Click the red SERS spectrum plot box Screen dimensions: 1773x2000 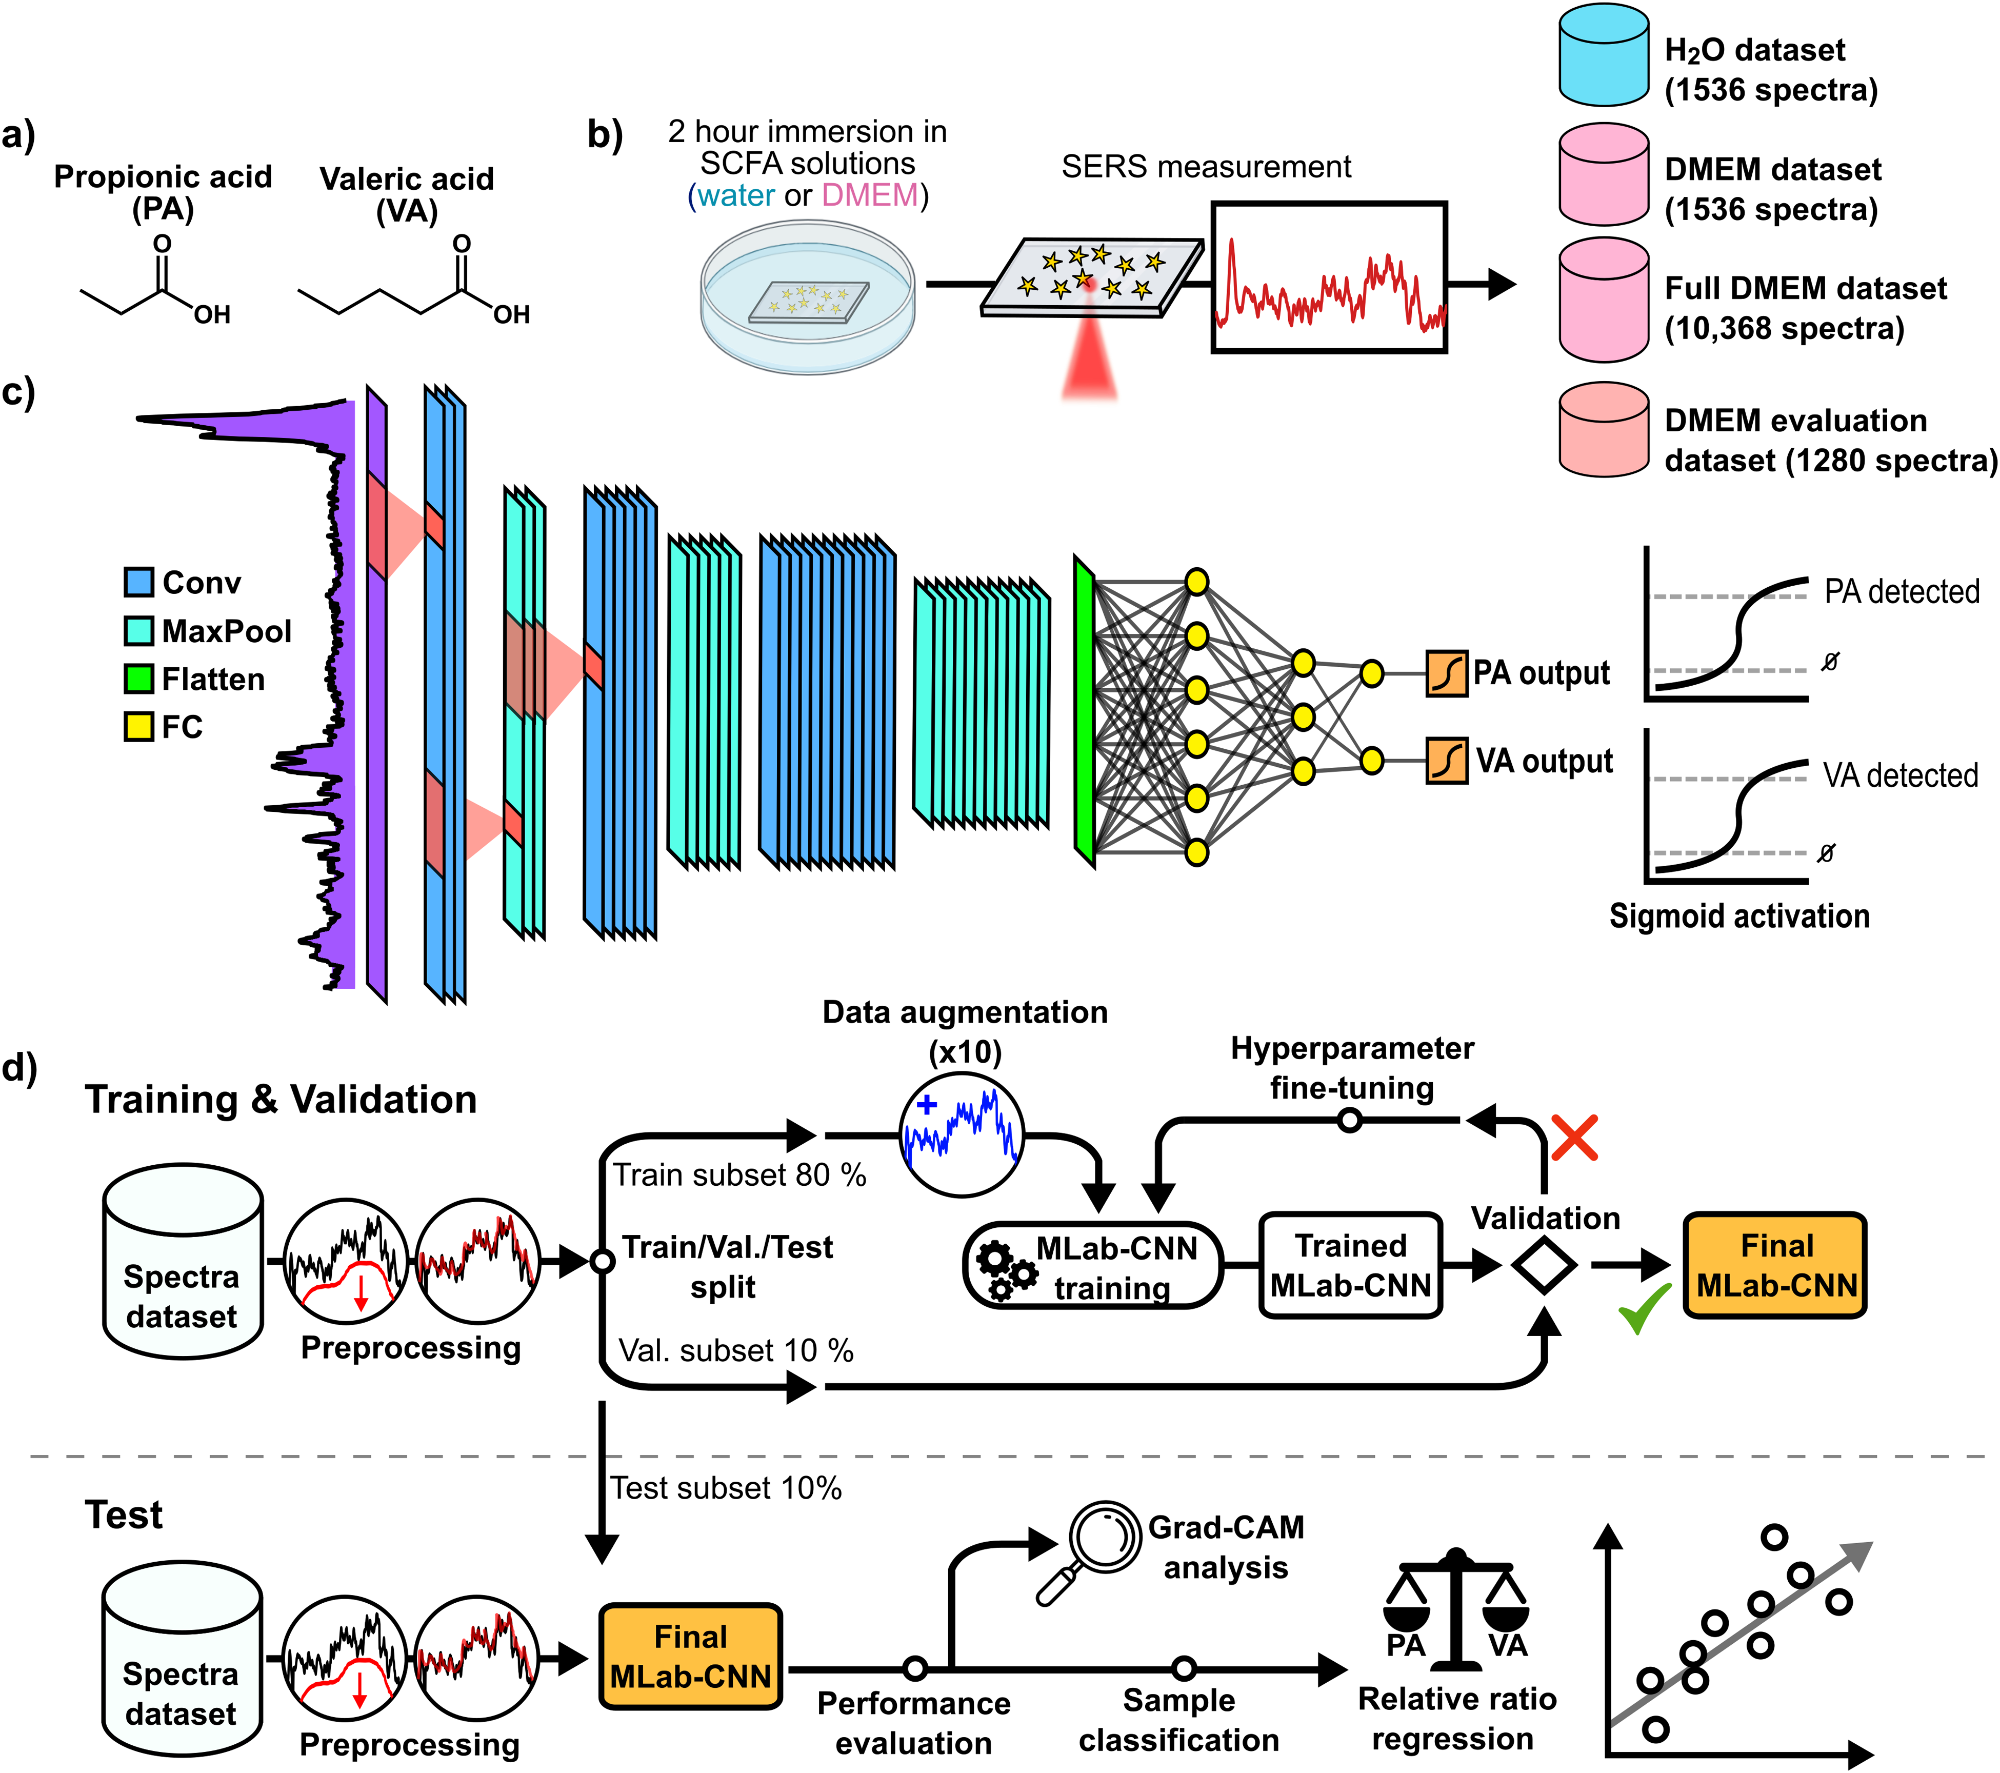click(1329, 278)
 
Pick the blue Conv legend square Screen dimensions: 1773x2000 click(139, 582)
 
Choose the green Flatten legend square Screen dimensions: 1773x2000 click(139, 678)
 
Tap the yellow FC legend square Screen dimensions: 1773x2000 click(139, 726)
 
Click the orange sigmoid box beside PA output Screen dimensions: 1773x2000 click(1446, 673)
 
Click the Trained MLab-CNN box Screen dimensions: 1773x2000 click(1350, 1265)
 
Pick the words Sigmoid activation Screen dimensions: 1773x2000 click(1739, 916)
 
